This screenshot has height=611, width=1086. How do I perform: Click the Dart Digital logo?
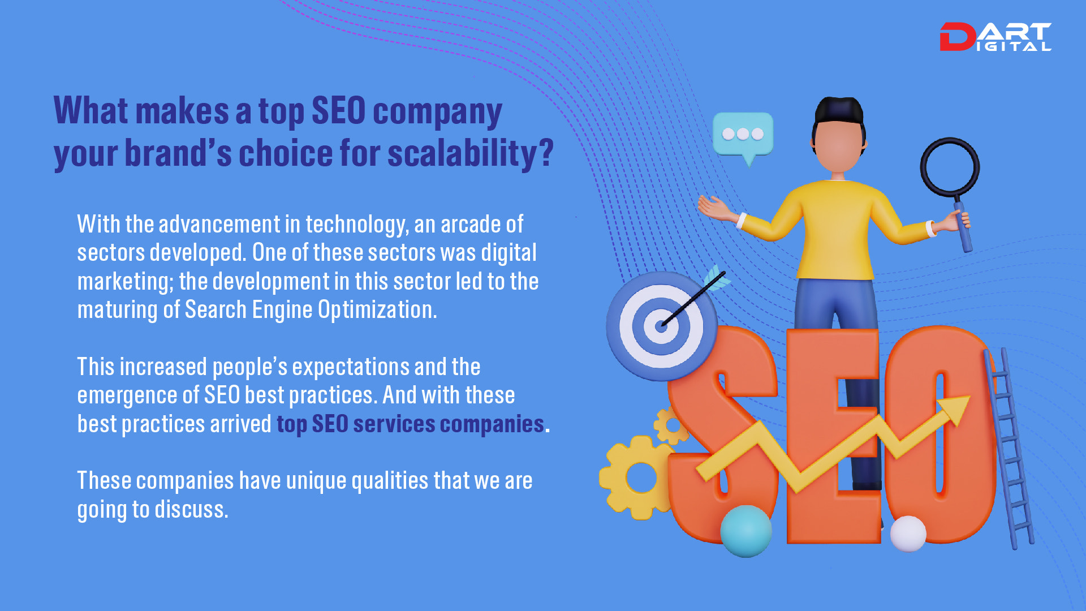(x=995, y=37)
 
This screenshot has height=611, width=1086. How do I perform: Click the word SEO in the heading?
(x=338, y=110)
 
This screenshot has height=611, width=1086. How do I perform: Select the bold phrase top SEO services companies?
(x=410, y=424)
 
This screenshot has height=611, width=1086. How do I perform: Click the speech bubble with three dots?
(x=743, y=134)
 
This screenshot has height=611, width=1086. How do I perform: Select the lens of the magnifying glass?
(x=950, y=167)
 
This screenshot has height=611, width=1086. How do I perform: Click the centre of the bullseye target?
(x=661, y=326)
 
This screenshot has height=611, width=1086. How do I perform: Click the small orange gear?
(x=671, y=426)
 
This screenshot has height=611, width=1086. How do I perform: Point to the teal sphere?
(x=745, y=531)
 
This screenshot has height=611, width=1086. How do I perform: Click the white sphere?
(x=908, y=533)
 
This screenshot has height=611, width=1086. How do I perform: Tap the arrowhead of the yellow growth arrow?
(x=955, y=408)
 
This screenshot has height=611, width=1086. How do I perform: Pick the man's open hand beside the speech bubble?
(x=714, y=208)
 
